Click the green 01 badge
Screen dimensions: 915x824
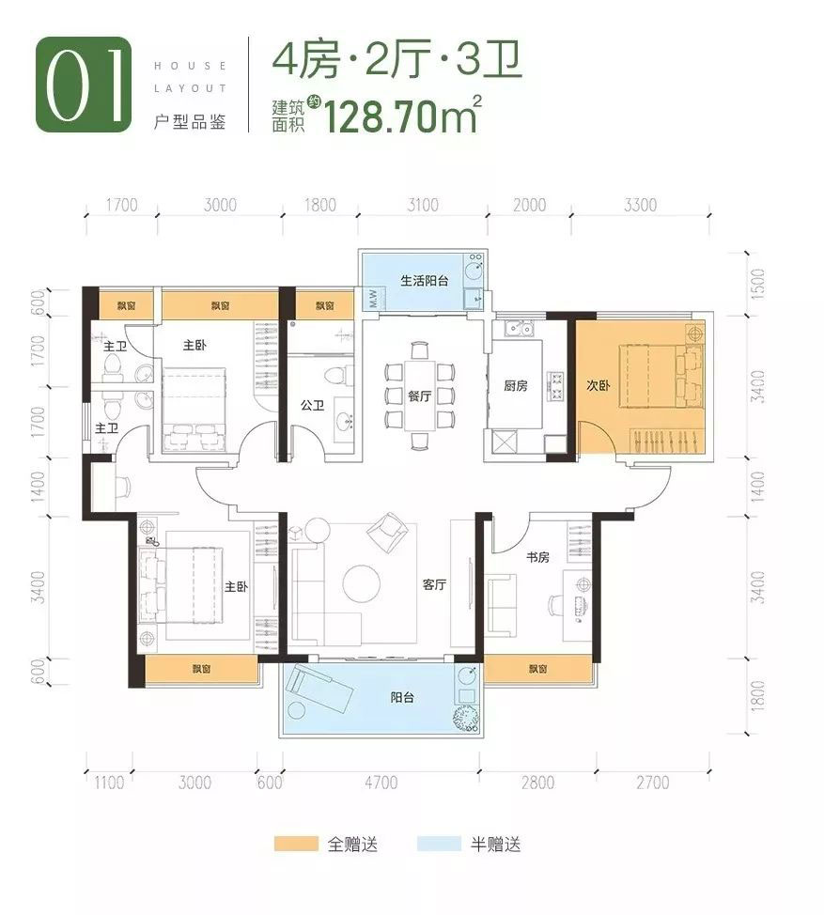pyautogui.click(x=83, y=85)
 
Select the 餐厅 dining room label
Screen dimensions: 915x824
pyautogui.click(x=419, y=395)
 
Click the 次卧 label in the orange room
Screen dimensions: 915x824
pyautogui.click(x=598, y=385)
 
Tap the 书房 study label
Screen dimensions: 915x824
pyautogui.click(x=538, y=558)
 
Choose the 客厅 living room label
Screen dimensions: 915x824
pyautogui.click(x=433, y=584)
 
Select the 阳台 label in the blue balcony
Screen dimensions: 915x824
pyautogui.click(x=403, y=697)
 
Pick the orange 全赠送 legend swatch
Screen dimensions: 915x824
pyautogui.click(x=297, y=844)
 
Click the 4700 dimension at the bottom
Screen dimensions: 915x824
pyautogui.click(x=381, y=783)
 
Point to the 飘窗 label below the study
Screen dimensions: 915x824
pyautogui.click(x=537, y=669)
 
